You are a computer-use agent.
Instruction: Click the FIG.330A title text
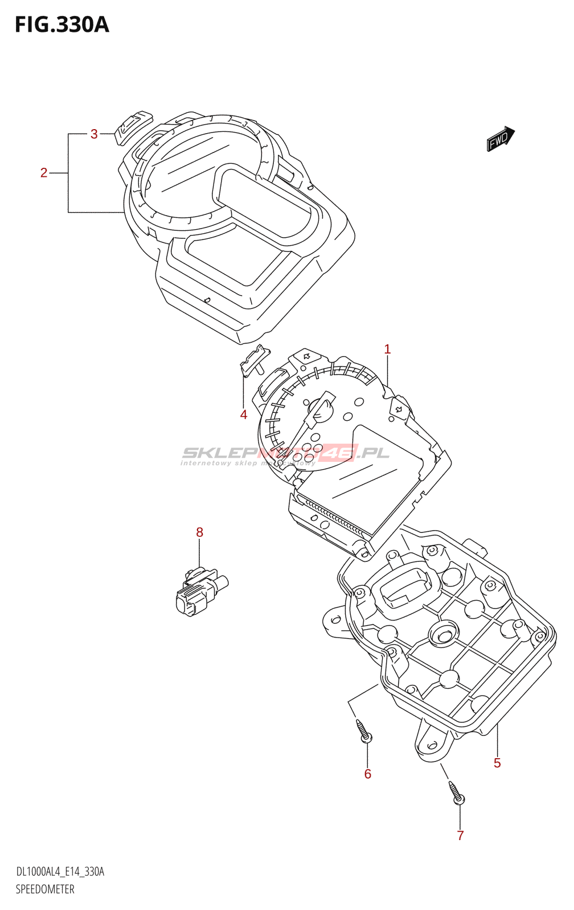61,25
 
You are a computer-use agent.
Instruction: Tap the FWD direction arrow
501,139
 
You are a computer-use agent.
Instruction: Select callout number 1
387,349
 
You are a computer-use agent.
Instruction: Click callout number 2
44,173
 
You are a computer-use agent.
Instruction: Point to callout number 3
94,134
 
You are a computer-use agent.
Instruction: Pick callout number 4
244,415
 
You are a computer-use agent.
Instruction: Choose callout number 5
497,763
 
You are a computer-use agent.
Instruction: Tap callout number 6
368,774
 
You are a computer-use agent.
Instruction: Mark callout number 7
460,835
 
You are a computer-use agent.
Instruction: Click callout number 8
199,532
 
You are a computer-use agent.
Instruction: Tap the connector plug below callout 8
199,591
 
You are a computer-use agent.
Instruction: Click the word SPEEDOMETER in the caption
45,890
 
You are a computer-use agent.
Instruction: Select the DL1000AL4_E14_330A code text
60,872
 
